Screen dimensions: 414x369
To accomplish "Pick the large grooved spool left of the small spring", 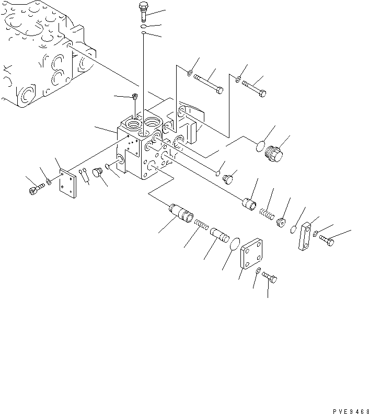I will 181,214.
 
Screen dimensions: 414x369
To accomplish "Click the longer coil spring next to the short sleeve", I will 267,214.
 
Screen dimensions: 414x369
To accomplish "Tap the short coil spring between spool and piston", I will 202,225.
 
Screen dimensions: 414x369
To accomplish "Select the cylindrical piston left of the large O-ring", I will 219,233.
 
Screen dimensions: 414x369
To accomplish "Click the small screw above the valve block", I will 135,96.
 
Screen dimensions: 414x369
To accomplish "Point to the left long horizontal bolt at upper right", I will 208,84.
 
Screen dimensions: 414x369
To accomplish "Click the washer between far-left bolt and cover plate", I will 49,182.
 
